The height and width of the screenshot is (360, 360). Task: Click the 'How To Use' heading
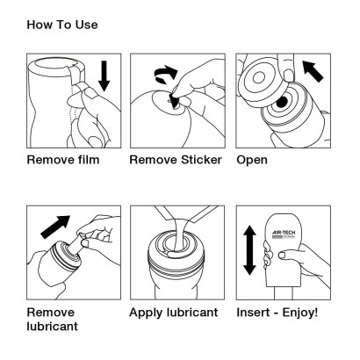61,25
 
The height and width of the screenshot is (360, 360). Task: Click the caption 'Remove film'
64,162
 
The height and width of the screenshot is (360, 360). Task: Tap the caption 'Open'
254,162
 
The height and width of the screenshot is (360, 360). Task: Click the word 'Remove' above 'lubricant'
51,312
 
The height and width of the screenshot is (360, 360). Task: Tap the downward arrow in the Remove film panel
104,76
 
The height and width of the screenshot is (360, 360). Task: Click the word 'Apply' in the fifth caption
148,312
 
